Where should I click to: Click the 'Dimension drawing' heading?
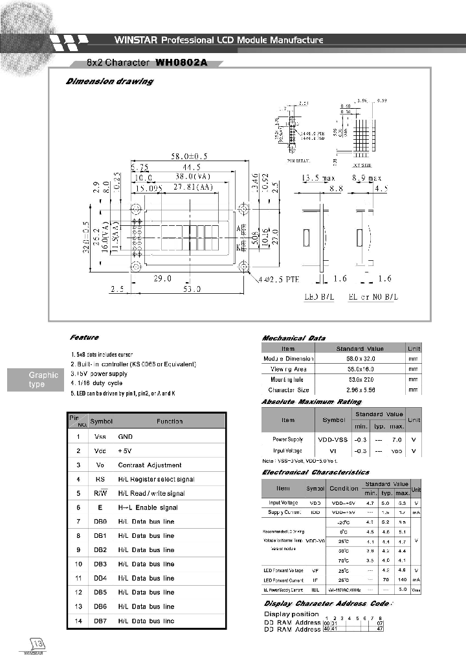click(x=109, y=82)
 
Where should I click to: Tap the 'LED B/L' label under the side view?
click(x=319, y=298)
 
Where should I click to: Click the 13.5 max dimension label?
click(x=319, y=177)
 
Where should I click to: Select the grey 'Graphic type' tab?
click(x=43, y=380)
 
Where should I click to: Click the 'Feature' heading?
click(x=84, y=337)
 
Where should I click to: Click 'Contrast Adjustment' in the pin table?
click(x=150, y=465)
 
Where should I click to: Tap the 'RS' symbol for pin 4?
click(x=100, y=479)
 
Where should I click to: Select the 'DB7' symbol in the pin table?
click(x=99, y=621)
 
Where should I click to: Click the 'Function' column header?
click(x=170, y=421)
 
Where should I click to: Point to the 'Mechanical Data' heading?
click(x=293, y=338)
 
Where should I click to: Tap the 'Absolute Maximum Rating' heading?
click(x=311, y=402)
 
